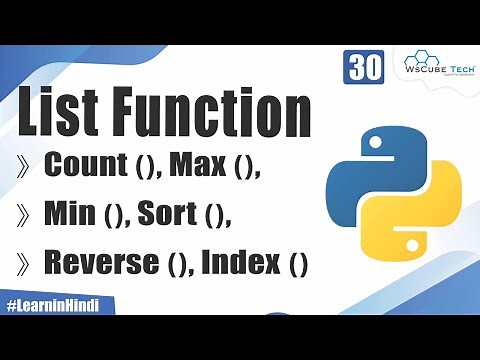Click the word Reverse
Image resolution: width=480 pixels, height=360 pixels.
coord(101,263)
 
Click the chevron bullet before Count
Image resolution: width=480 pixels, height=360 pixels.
coord(22,168)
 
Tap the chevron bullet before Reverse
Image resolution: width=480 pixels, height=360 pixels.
coord(22,264)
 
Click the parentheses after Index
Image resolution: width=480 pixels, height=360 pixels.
coord(297,265)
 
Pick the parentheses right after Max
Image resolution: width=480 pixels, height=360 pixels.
coord(244,169)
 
